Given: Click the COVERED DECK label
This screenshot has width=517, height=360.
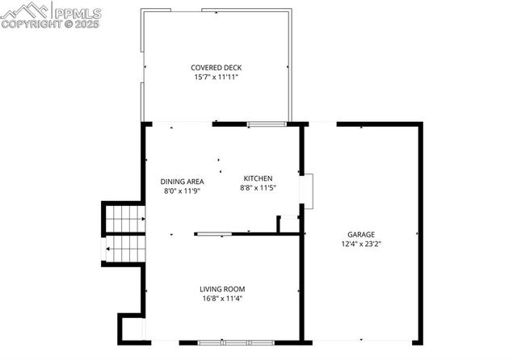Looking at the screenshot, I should coord(216,68).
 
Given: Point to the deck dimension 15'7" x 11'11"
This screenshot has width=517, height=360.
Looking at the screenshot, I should coord(216,77).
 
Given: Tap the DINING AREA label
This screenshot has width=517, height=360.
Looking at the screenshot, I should coord(182,182).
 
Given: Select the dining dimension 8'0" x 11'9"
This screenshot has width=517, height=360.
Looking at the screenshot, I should coord(182,191).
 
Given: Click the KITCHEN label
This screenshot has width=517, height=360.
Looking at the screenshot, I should coord(258,178).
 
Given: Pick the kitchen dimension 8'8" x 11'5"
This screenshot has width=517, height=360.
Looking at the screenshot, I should coord(258,188).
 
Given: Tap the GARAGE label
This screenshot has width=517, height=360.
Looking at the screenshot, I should coord(361,234).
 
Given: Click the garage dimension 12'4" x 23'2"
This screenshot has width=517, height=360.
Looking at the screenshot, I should coord(361,244).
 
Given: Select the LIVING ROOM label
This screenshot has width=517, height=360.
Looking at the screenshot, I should coord(222,289).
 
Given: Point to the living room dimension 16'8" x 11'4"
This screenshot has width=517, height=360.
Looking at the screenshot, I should coord(222,299).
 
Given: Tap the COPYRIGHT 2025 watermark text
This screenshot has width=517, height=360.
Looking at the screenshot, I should coord(52,25).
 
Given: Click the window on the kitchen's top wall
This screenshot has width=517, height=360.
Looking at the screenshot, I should coord(266,123).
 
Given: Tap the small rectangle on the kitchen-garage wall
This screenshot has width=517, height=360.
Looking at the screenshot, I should coord(306,191).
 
